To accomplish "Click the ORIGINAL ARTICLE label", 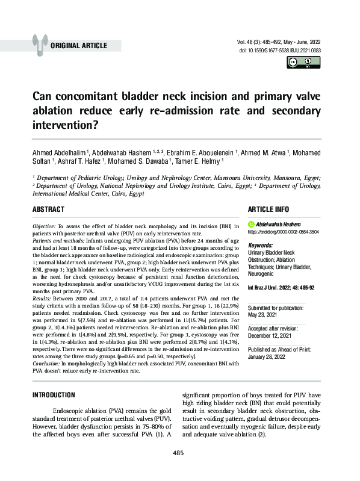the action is coord(79,46).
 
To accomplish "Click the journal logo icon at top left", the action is coord(41,43).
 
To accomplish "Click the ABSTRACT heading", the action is coord(49,209).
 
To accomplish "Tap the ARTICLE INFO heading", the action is coord(273,209).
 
